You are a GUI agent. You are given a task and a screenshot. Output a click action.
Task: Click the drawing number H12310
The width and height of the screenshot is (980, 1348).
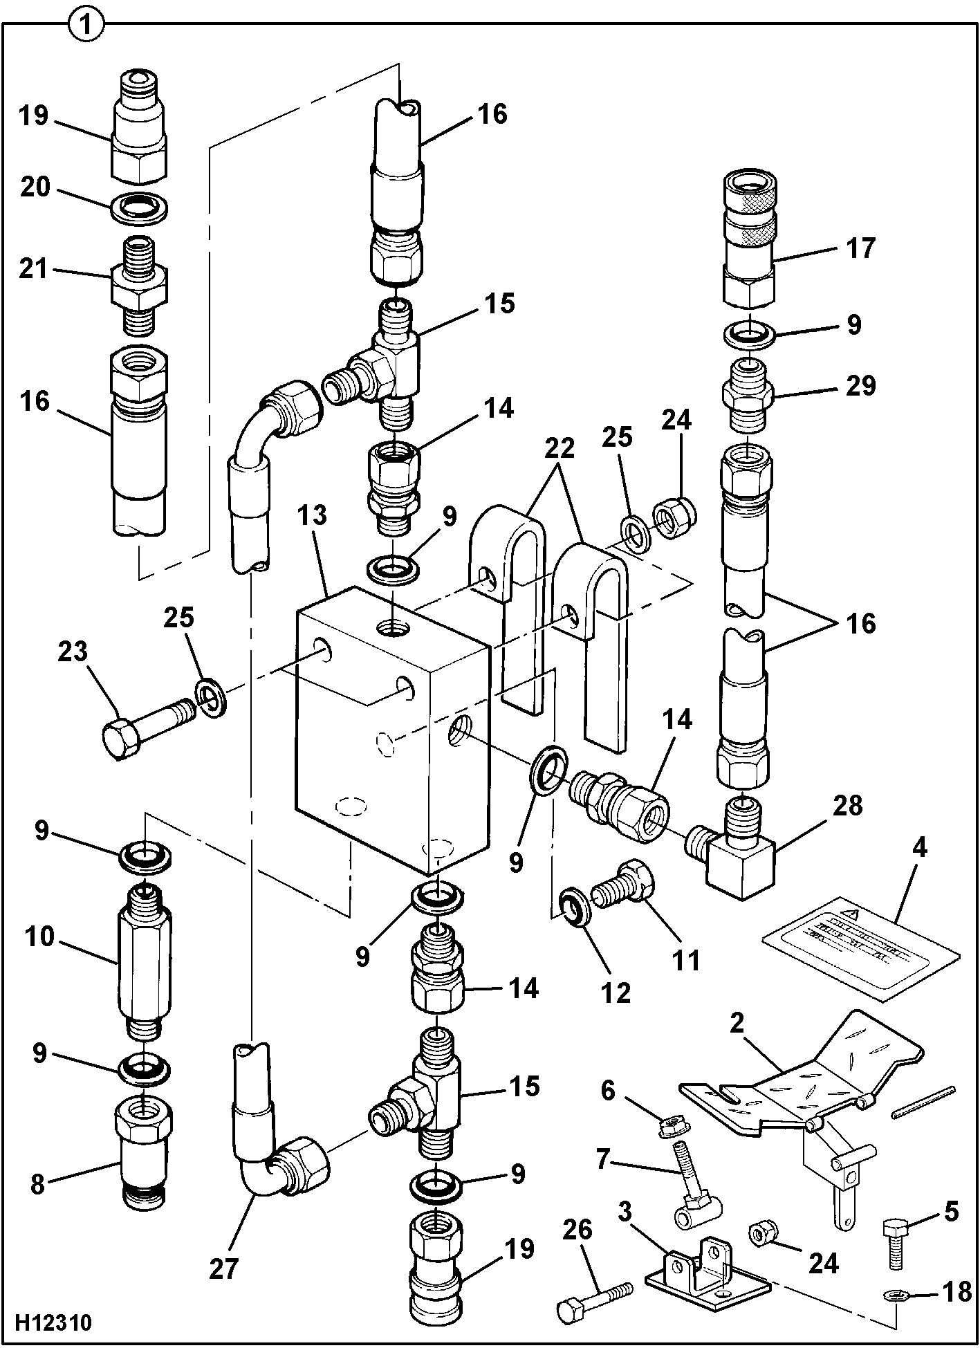coord(51,1322)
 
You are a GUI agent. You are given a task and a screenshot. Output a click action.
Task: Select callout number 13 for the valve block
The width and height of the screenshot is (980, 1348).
coord(313,516)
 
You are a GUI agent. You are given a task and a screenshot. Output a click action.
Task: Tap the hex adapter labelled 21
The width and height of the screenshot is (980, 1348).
coord(139,286)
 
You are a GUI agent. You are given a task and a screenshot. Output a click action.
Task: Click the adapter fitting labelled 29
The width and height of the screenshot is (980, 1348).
coord(748,401)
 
